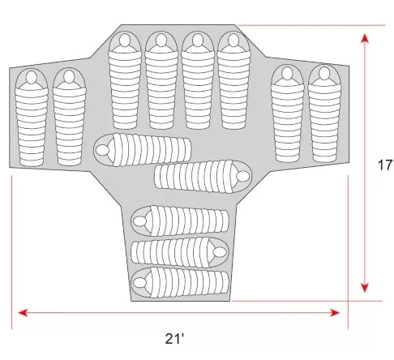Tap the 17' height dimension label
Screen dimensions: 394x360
tap(385, 165)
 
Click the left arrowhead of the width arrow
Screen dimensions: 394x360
tap(23, 313)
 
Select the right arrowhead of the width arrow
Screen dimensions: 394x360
tap(335, 313)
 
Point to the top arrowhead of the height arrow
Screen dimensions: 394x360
tap(365, 39)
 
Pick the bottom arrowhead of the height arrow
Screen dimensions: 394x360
tap(365, 287)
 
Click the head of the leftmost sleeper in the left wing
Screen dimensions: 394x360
tap(32, 77)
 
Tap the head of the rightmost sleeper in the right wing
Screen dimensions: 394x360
tap(324, 73)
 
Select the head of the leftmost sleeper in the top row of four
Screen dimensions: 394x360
tap(125, 40)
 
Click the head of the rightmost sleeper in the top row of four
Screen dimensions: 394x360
tap(233, 40)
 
